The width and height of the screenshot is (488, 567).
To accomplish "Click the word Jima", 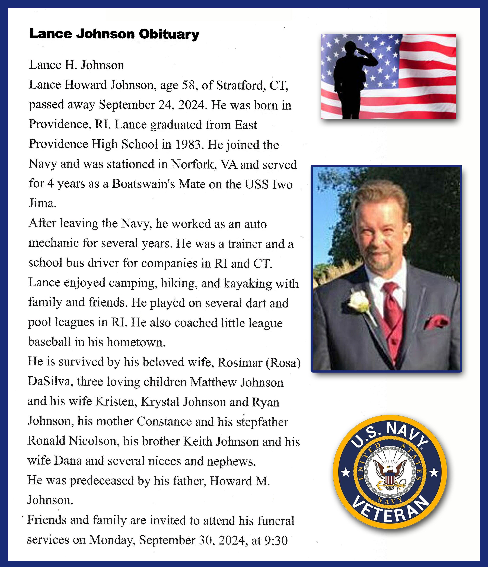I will pyautogui.click(x=42, y=203).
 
